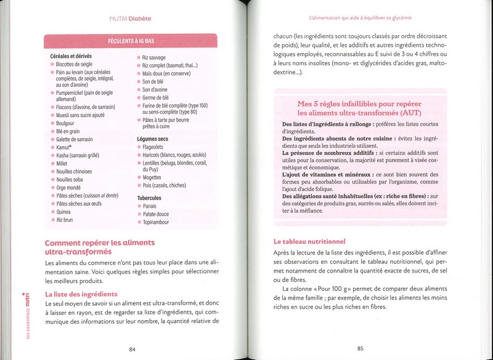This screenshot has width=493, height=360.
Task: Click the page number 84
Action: click(x=132, y=349)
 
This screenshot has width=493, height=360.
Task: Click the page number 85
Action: click(x=361, y=349)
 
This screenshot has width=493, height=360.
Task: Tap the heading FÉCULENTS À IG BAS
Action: click(x=131, y=41)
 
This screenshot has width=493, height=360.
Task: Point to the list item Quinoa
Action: click(x=64, y=211)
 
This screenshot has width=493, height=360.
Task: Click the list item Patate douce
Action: click(x=155, y=214)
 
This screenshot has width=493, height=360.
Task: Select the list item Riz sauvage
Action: click(x=153, y=57)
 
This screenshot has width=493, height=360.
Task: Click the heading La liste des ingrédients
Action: click(x=81, y=294)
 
